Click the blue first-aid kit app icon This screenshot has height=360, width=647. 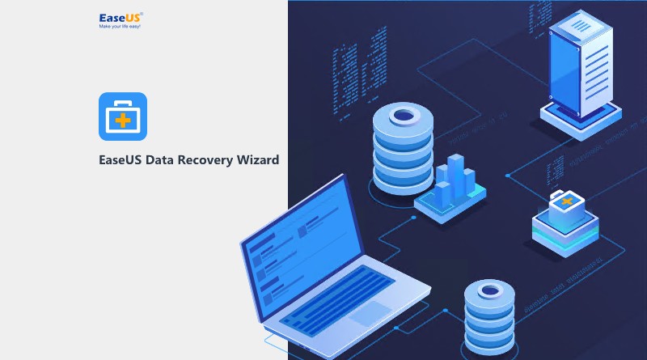coord(123,116)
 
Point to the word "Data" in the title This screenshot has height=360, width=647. coord(157,160)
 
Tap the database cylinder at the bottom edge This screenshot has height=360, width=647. coord(491,320)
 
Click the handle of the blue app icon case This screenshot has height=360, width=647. coord(123,105)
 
